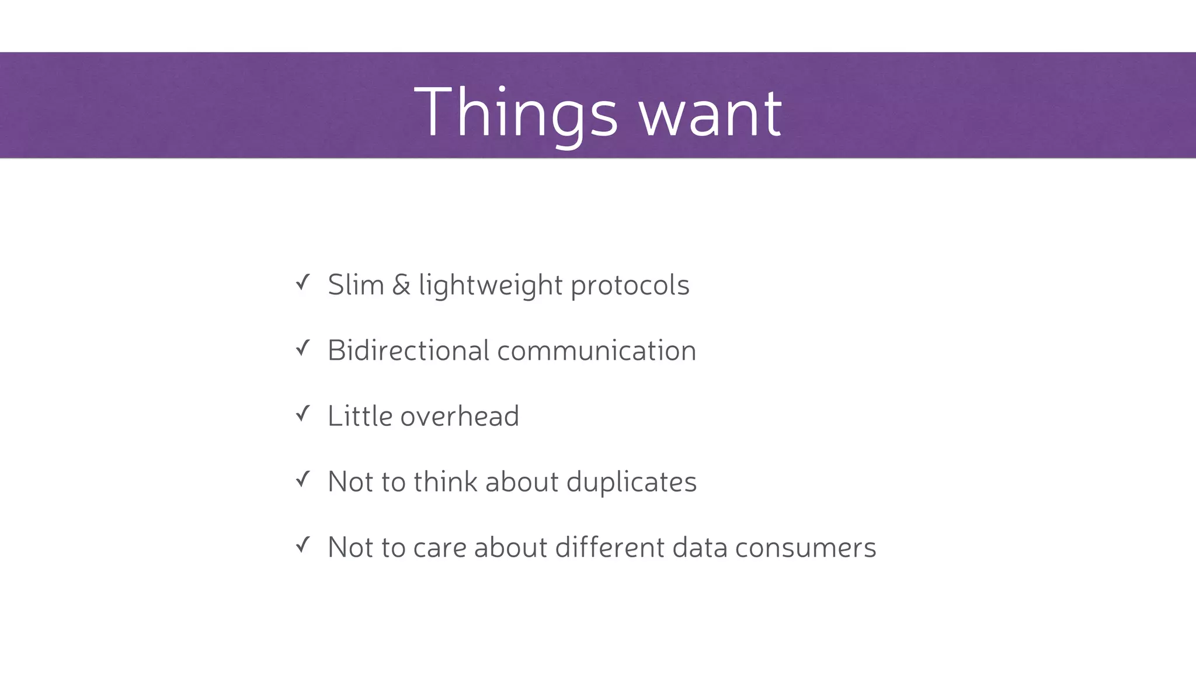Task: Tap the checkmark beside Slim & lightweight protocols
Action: click(x=303, y=283)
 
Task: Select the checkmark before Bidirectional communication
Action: click(x=303, y=349)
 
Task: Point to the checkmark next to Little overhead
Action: click(x=303, y=414)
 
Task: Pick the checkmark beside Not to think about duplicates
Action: click(x=303, y=480)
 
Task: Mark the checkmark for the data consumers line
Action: click(x=303, y=546)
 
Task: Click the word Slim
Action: click(x=356, y=285)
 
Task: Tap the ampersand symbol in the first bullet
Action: click(x=401, y=285)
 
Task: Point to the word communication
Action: click(x=596, y=351)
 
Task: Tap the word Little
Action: click(x=360, y=416)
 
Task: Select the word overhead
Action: click(x=460, y=416)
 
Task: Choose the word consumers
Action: click(x=805, y=548)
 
